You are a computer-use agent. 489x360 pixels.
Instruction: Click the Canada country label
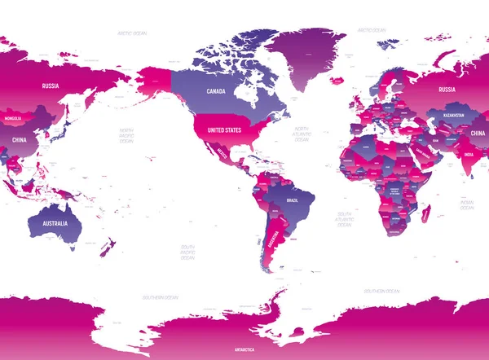[x=215, y=90]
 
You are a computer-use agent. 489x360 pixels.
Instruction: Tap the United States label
[x=224, y=130]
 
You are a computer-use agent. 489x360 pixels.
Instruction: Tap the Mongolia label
[x=13, y=118]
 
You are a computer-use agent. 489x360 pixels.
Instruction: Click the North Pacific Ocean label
[x=126, y=135]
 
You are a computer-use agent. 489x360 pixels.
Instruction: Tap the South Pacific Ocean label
[x=187, y=252]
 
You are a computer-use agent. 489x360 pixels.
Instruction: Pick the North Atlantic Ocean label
[x=302, y=134]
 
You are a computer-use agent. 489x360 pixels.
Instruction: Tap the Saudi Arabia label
[x=424, y=151]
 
